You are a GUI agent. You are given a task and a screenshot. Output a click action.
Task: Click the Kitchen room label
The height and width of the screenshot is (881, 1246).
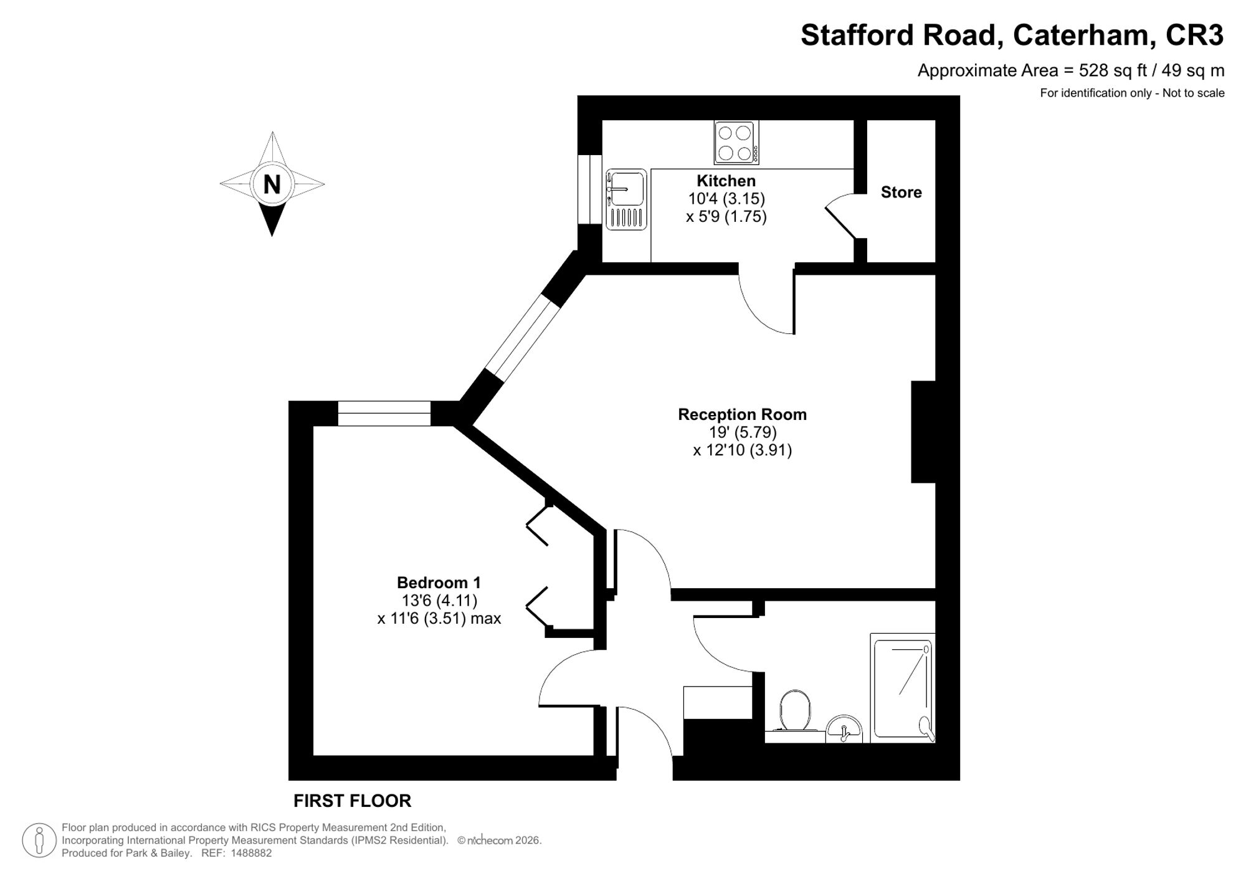click(726, 181)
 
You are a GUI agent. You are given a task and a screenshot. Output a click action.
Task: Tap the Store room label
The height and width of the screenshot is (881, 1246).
click(901, 193)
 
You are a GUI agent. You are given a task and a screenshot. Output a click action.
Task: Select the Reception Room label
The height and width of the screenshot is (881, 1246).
click(742, 414)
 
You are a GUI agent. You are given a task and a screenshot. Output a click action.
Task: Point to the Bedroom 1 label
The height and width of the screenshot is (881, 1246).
click(439, 583)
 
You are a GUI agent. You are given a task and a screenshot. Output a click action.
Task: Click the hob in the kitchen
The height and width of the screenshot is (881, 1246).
click(736, 143)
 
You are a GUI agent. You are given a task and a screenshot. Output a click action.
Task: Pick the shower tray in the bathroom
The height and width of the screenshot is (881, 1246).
click(902, 688)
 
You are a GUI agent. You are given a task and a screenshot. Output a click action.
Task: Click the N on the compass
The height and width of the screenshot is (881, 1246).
click(272, 184)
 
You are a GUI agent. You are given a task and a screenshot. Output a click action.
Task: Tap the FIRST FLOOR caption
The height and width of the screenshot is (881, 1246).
click(352, 801)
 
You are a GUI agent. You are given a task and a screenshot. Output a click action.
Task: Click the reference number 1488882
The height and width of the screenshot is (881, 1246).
click(251, 853)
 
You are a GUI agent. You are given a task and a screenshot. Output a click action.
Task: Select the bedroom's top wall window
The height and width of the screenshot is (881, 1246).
click(384, 414)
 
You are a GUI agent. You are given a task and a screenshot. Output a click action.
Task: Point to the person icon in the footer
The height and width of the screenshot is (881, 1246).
click(39, 840)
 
